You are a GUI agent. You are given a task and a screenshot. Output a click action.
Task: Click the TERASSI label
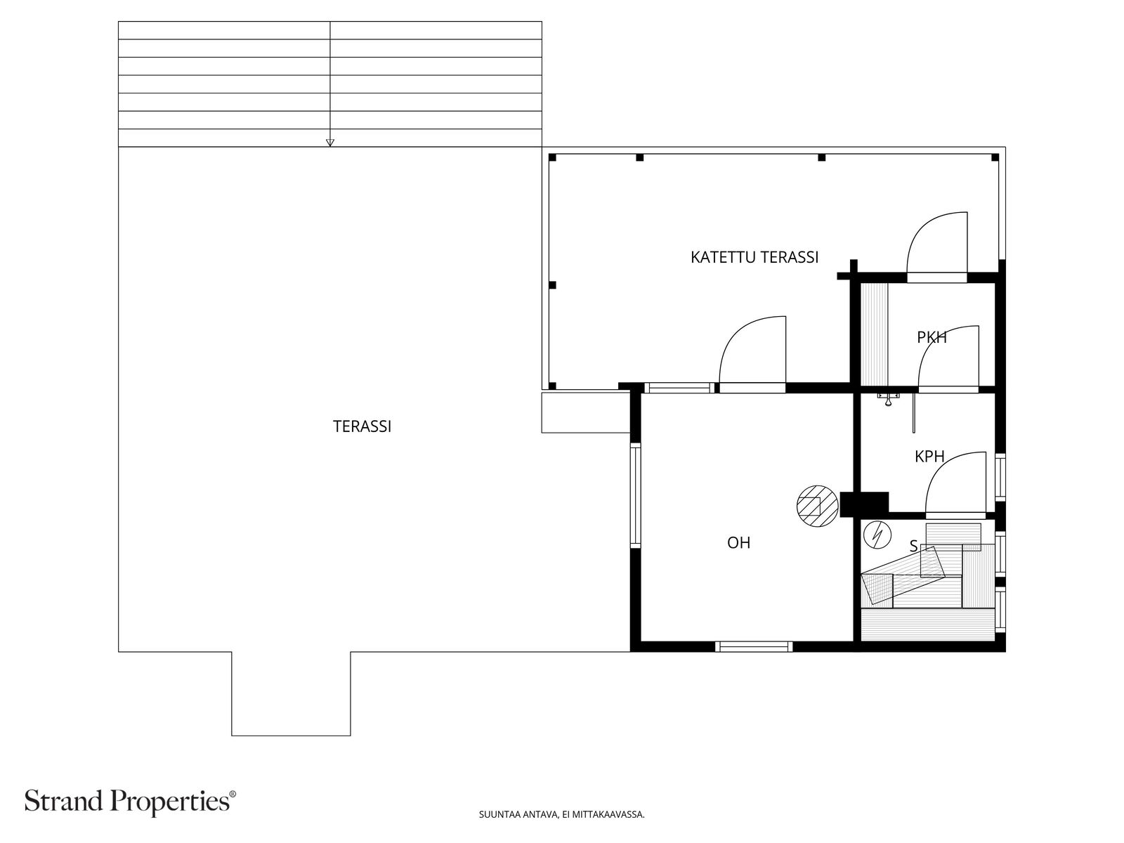point(362,426)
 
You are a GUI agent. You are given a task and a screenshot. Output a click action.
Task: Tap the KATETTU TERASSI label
point(754,257)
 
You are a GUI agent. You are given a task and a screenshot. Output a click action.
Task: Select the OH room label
point(738,543)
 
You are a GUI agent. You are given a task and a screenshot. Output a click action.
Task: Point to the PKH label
point(932,337)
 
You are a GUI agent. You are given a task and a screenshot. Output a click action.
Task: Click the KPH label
point(929,457)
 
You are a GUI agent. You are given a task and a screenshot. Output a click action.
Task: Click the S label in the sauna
point(913,546)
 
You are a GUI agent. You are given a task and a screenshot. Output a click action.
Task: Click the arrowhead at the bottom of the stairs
point(330,143)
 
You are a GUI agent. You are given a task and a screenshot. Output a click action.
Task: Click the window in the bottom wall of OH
point(754,646)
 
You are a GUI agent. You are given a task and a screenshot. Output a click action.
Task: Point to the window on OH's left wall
point(635,496)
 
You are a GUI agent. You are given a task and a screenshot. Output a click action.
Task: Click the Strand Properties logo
point(131,802)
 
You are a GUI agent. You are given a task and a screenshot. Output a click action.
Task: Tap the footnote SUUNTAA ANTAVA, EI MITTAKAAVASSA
point(561,815)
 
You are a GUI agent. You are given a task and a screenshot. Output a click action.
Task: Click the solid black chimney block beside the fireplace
point(865,503)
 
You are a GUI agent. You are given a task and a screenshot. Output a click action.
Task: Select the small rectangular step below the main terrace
point(291,694)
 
